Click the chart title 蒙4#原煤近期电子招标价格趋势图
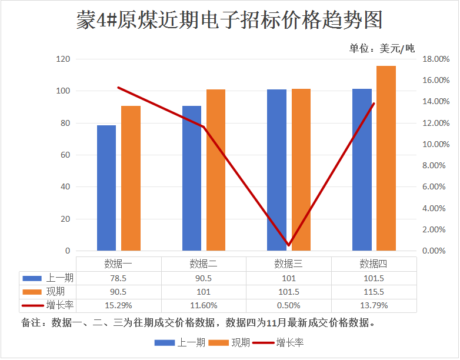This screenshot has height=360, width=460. (229, 20)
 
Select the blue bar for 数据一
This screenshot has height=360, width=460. (106, 188)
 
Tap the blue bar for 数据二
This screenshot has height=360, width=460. (192, 179)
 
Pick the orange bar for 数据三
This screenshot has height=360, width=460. (301, 170)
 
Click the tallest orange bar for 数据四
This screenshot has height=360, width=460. (386, 159)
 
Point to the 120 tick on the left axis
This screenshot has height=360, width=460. (63, 59)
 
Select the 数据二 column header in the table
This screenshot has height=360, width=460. (204, 264)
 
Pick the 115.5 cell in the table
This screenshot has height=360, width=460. (374, 292)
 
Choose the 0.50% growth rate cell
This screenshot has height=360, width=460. (288, 306)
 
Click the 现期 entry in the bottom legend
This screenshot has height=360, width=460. (241, 343)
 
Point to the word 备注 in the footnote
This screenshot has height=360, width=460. (30, 323)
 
